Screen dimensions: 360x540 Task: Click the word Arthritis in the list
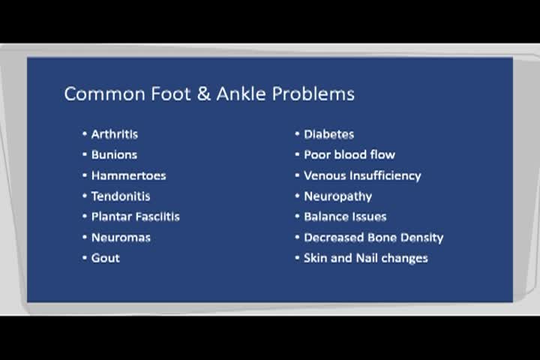(114, 134)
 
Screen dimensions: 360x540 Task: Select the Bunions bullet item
(114, 154)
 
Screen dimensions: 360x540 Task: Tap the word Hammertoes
(128, 175)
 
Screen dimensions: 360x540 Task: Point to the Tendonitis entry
(121, 196)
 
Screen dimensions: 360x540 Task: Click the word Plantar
(112, 217)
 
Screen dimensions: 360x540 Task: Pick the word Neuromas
(121, 237)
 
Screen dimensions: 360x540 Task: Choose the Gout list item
(105, 258)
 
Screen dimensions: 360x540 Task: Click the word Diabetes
(328, 134)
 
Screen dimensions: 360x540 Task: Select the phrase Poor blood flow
(349, 154)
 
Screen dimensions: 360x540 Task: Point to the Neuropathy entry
(337, 196)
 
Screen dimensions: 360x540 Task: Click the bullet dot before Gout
(85, 258)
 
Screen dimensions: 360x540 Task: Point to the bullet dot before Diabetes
(297, 134)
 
